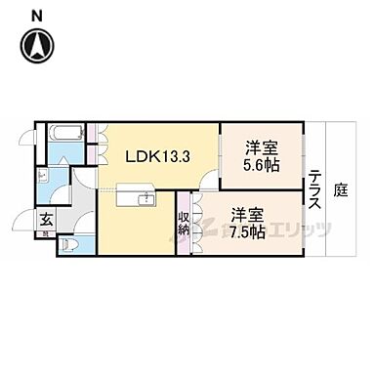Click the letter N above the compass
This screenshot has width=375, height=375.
coord(35,15)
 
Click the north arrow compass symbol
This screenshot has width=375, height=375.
coord(37,45)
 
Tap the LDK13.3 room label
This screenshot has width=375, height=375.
coord(152,154)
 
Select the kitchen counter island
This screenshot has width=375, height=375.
coord(135,198)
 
